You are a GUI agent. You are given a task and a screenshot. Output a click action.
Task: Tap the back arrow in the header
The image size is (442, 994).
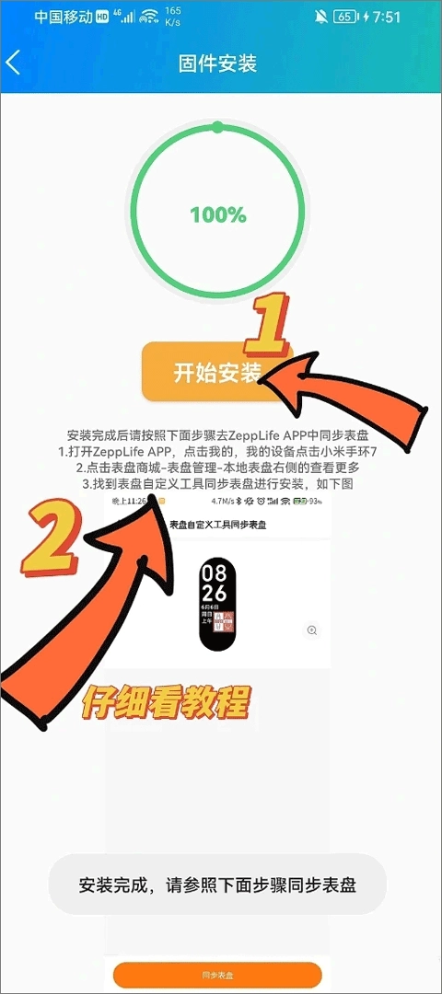coord(13,63)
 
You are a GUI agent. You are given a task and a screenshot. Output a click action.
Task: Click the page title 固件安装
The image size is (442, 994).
coord(217,63)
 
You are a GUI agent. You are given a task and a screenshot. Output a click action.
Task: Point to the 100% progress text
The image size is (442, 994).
coord(218,215)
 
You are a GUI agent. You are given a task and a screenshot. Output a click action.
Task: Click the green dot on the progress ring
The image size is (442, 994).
coord(217,127)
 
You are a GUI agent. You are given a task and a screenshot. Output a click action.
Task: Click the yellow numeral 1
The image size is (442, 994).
coord(267,327)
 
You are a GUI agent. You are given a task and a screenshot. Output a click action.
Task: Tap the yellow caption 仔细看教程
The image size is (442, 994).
coord(166,703)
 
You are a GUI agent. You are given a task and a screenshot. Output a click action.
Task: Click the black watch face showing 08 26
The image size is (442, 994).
coord(217,601)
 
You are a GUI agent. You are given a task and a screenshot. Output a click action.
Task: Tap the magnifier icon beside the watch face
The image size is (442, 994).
coord(312,630)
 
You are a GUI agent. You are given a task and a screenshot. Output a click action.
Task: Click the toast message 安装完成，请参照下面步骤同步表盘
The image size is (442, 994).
coord(217,884)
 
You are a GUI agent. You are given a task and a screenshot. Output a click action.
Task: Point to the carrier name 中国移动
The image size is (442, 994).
coord(63,17)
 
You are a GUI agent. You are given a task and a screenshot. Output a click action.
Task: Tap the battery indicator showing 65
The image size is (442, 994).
coord(344,17)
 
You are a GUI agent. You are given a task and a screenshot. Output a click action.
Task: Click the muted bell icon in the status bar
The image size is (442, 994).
coord(320,17)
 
